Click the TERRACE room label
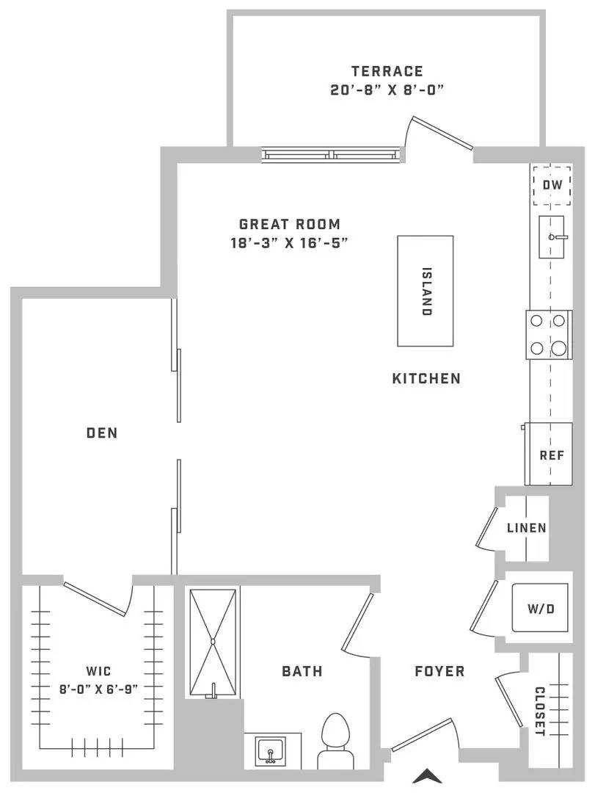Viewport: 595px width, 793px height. click(387, 70)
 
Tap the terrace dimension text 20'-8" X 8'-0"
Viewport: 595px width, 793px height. click(387, 90)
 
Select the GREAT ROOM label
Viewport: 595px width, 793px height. click(290, 224)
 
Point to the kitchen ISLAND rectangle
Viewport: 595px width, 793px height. click(425, 291)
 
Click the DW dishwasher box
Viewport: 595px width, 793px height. click(552, 184)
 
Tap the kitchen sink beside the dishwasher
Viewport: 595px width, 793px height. click(552, 236)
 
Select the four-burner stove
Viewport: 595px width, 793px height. click(549, 335)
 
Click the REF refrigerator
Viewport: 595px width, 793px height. click(550, 455)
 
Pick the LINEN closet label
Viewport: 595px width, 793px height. click(527, 528)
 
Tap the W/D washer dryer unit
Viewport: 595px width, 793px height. click(541, 608)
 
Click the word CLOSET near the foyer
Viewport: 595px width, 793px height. click(540, 711)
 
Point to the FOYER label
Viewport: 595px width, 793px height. click(439, 671)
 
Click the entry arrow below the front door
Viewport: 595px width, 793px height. click(428, 776)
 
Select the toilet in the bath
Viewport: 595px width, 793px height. click(335, 741)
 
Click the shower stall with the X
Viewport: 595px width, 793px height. click(213, 642)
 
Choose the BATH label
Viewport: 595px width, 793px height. click(302, 671)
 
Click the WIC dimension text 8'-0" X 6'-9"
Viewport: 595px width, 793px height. click(98, 689)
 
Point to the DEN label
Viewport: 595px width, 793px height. click(102, 433)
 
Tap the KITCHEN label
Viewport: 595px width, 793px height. click(427, 378)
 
